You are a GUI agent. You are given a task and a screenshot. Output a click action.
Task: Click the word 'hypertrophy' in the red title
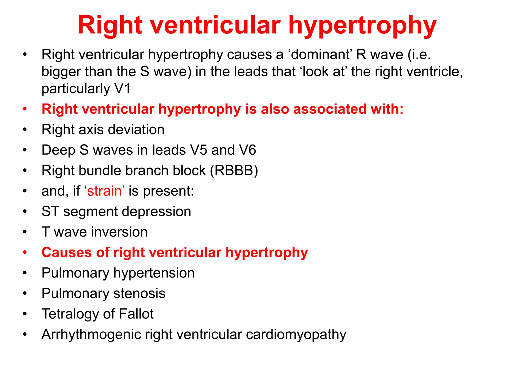coord(362,26)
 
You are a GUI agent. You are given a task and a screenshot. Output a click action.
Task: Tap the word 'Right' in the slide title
coord(110,26)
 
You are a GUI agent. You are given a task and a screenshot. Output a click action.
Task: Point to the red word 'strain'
coord(104,191)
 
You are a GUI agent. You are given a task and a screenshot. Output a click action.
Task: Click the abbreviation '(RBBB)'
coord(234,171)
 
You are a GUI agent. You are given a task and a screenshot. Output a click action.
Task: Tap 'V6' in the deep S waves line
coord(247,150)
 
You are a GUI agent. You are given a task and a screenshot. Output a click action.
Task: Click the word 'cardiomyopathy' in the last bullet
coord(296,335)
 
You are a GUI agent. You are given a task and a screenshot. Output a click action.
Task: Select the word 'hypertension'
coord(154,273)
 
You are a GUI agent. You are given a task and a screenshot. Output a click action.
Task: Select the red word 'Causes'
coord(67,252)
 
